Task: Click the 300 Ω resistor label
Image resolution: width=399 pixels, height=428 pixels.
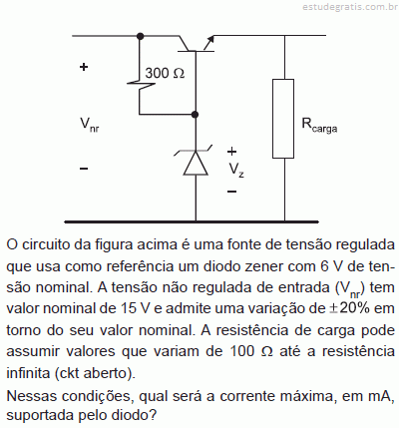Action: click(165, 73)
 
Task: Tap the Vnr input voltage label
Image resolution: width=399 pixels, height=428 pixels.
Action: click(89, 125)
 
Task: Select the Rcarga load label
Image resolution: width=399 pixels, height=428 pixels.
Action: click(319, 125)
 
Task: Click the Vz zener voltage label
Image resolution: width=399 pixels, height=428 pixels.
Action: click(236, 171)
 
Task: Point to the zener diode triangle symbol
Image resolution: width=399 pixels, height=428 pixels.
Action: click(196, 163)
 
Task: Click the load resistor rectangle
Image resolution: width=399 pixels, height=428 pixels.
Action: click(283, 119)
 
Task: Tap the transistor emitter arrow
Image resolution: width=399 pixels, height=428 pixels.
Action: click(208, 43)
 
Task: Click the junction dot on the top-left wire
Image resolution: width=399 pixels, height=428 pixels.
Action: click(141, 36)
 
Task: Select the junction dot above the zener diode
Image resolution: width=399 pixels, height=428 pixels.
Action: click(196, 115)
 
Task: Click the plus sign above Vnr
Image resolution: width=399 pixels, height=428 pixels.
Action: click(84, 67)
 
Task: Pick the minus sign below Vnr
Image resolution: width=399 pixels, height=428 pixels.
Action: click(84, 169)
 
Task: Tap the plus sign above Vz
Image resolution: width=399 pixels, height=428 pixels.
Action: click(231, 152)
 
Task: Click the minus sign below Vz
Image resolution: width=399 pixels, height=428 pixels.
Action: click(231, 192)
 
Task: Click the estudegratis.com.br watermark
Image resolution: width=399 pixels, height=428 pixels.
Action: click(350, 6)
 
